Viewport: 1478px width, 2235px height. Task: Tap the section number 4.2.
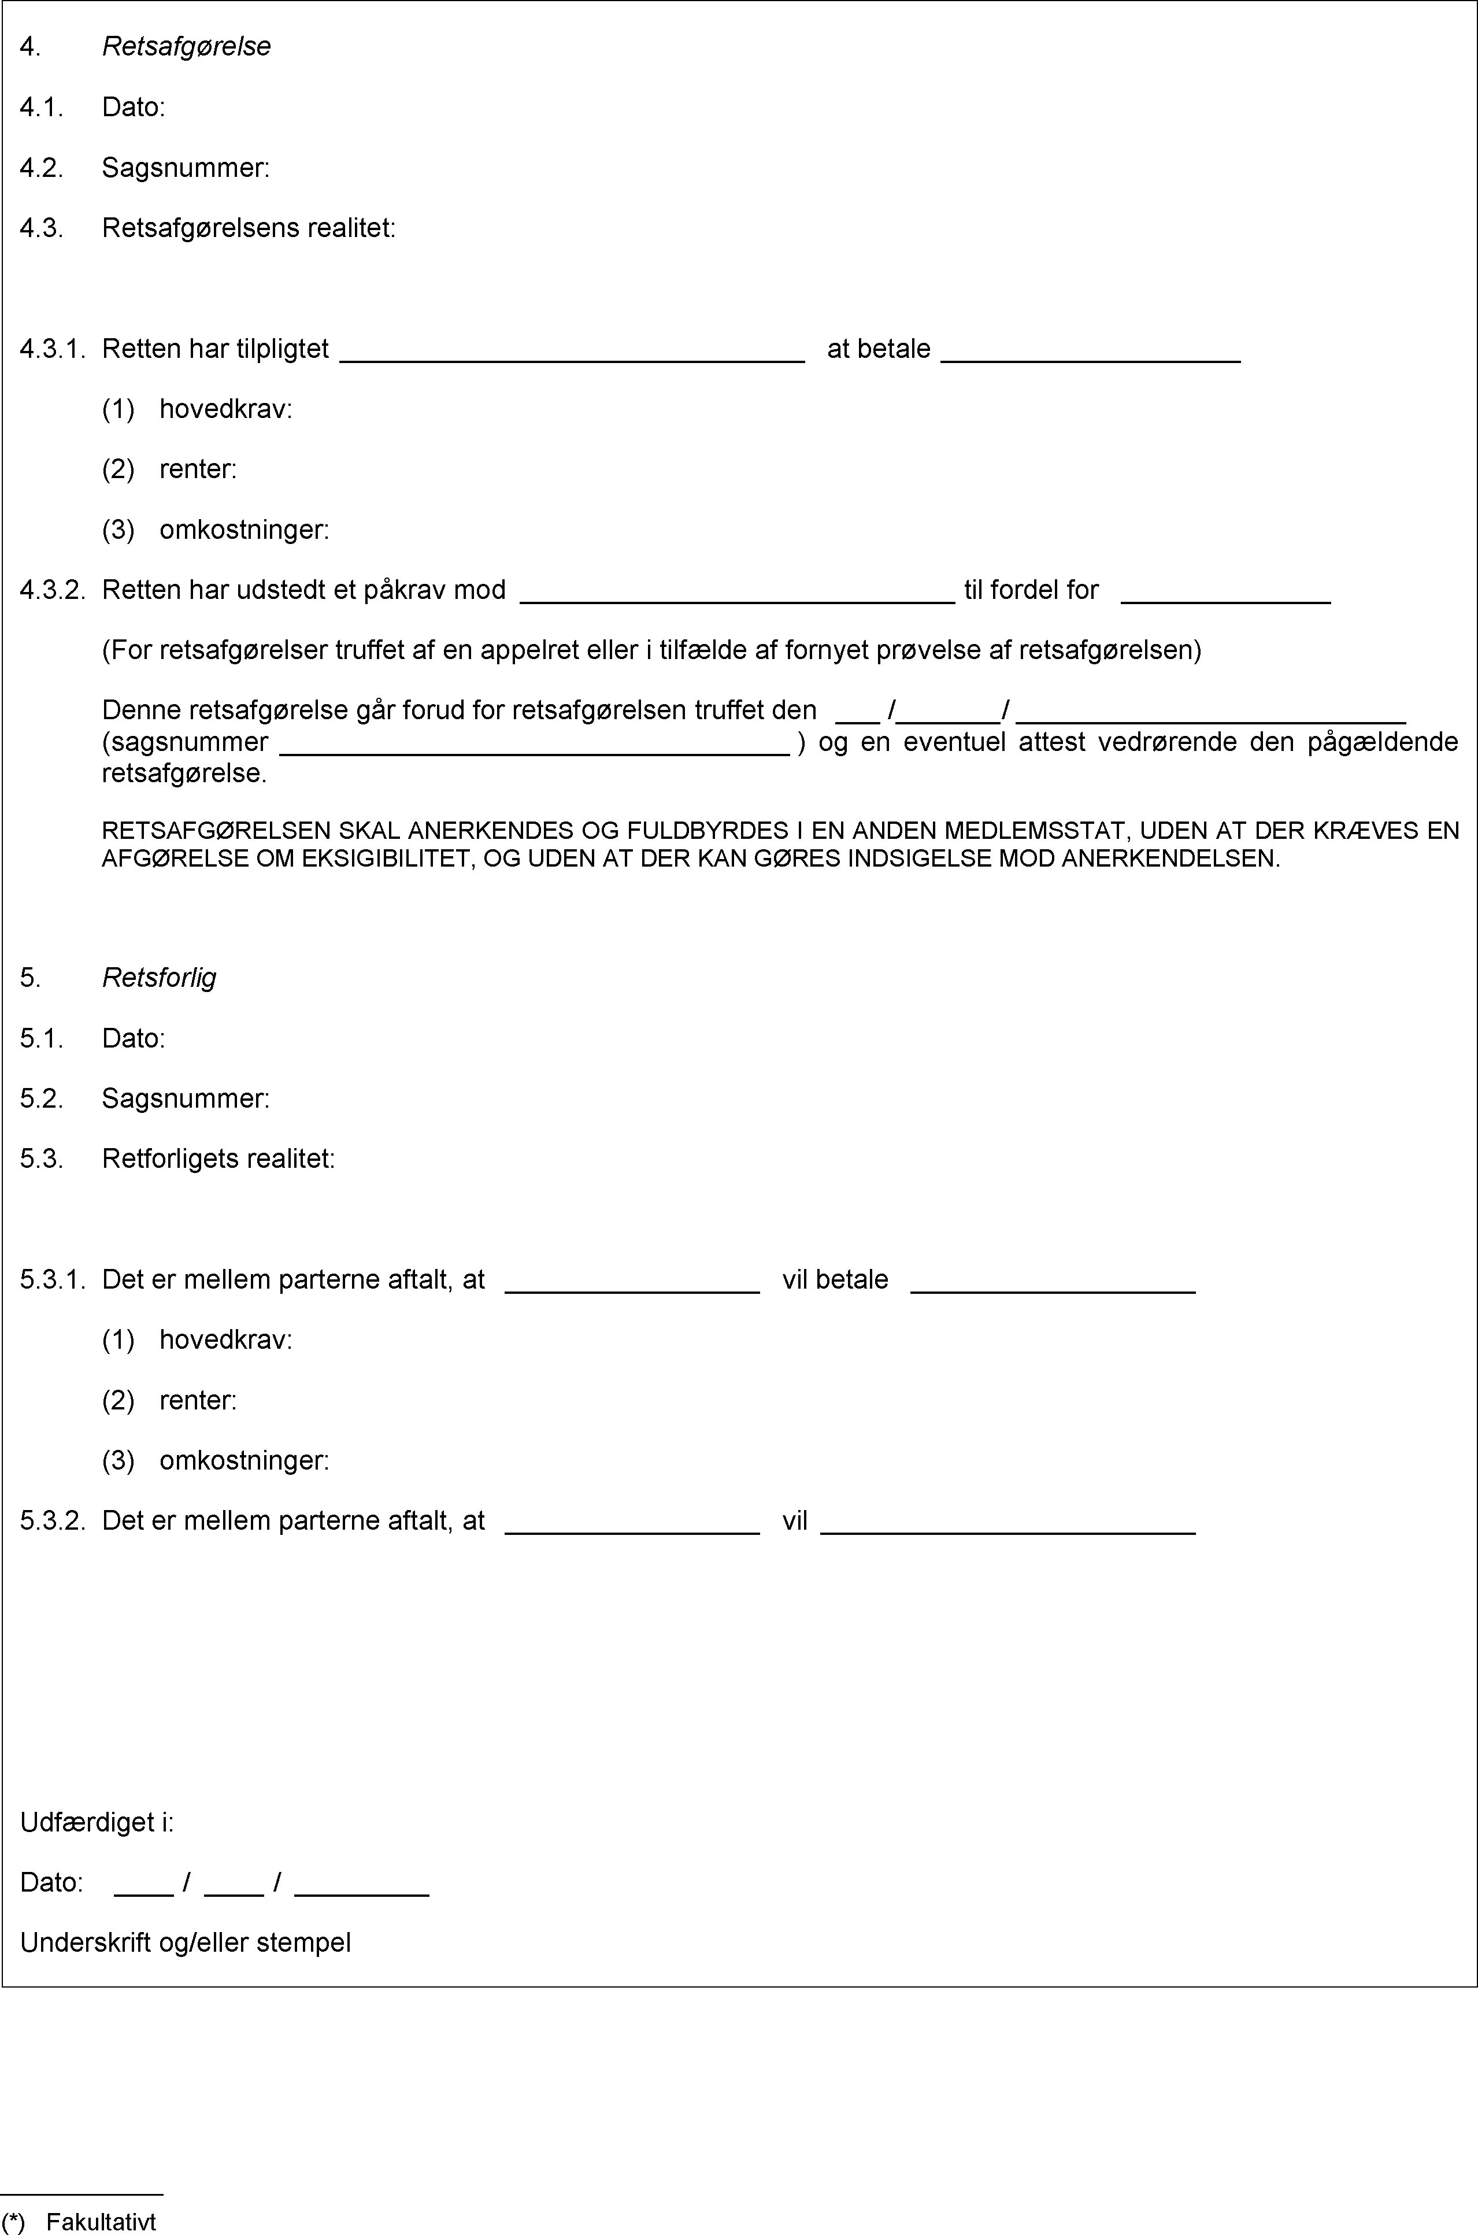coord(42,168)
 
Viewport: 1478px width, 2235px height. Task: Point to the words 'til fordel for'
coord(1031,590)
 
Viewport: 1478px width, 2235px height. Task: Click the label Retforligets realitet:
coord(218,1159)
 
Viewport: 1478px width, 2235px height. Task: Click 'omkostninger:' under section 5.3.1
coord(244,1460)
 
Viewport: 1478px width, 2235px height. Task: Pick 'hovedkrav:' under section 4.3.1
coord(225,409)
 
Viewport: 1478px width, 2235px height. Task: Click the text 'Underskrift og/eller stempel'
coord(186,1943)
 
